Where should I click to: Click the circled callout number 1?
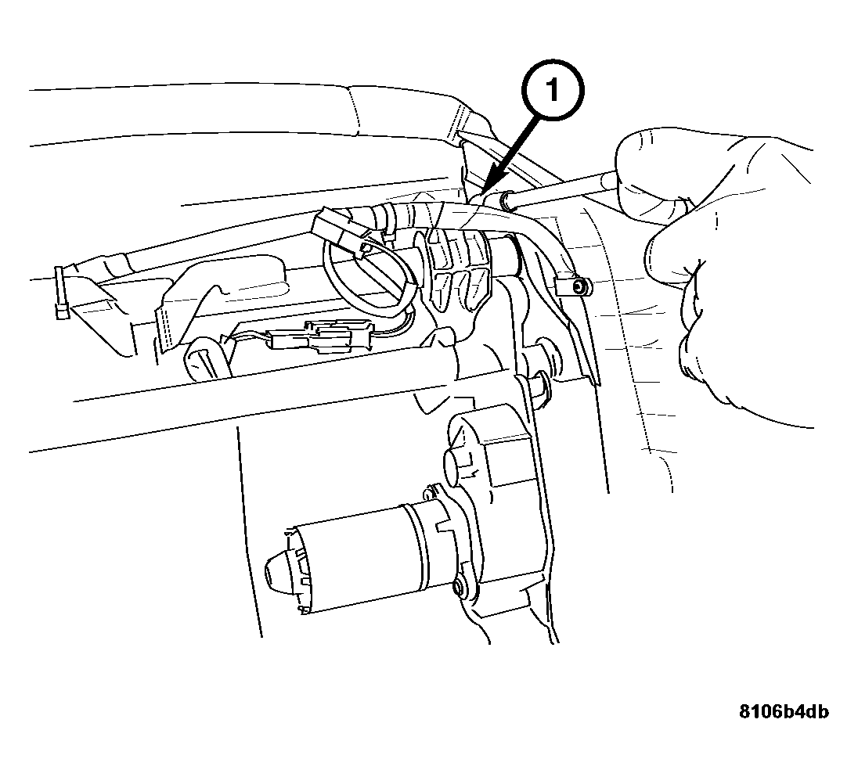pyautogui.click(x=553, y=89)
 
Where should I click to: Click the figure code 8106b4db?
pyautogui.click(x=784, y=711)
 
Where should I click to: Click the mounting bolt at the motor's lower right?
pyautogui.click(x=459, y=588)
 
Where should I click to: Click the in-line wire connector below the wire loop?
pyautogui.click(x=312, y=336)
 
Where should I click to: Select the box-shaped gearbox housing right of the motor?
pyautogui.click(x=492, y=492)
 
